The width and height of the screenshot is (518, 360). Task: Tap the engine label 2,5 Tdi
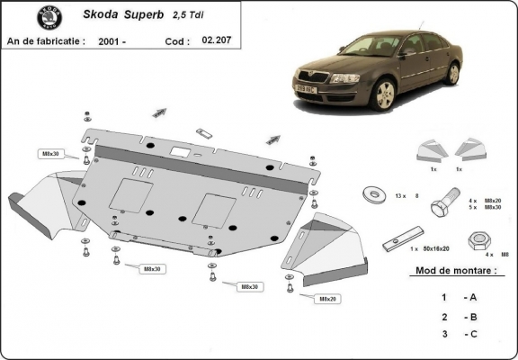tap(186, 15)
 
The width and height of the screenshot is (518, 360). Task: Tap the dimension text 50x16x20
tap(437, 247)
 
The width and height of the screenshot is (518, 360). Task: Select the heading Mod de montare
tap(455, 270)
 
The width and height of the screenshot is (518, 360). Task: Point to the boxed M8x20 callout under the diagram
tap(327, 298)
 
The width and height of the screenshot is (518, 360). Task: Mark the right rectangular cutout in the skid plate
tap(219, 207)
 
